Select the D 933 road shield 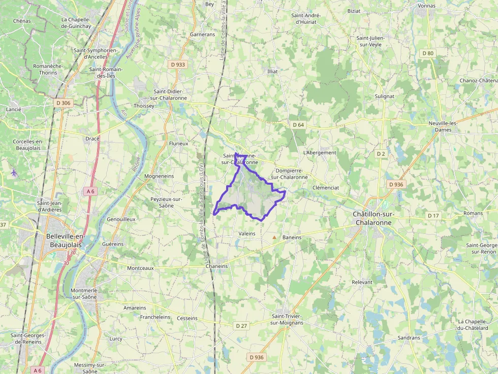pos(178,64)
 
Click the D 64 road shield pos(298,125)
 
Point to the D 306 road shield pos(64,103)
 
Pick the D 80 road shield pos(428,53)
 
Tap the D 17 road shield pos(433,216)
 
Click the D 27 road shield pos(241,325)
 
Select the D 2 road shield pos(381,153)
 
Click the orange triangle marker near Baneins pos(274,237)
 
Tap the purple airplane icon pos(14,173)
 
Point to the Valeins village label pos(247,233)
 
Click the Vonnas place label pos(426,6)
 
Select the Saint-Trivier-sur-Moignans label pos(287,319)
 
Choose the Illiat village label pos(272,72)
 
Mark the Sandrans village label pos(409,337)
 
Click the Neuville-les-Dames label pos(443,126)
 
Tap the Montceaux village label pos(140,268)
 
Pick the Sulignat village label pos(384,96)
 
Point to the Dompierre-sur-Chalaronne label pos(289,174)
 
